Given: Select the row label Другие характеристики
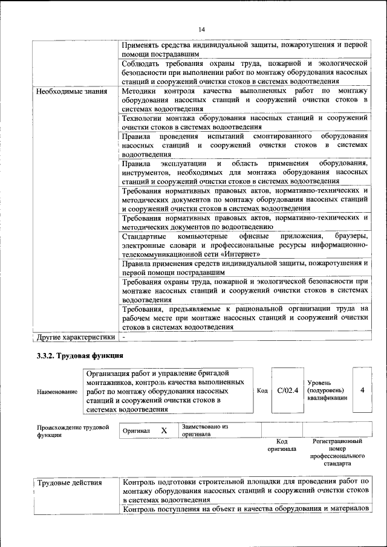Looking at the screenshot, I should [x=76, y=337].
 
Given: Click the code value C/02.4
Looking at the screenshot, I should [x=288, y=390].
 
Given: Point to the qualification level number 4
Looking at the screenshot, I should [x=362, y=390].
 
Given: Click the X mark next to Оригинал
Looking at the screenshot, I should [x=163, y=430].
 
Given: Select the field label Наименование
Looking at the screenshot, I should [x=57, y=392].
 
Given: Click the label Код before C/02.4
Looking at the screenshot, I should [x=262, y=390].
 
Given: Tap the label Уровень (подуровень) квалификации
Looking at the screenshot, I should [x=327, y=390].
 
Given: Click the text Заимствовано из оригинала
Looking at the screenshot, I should [x=204, y=430].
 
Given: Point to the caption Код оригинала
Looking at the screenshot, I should [x=282, y=445].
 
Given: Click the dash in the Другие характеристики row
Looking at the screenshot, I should [x=123, y=337].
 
